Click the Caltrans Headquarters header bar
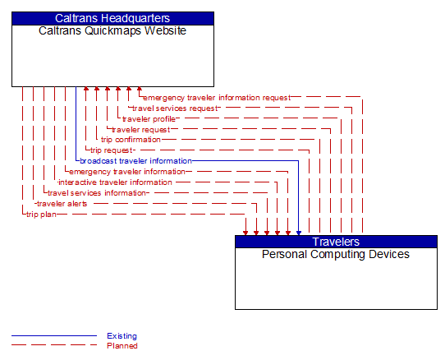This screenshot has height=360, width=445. pyautogui.click(x=112, y=18)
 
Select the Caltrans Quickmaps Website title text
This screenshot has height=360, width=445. pyautogui.click(x=112, y=31)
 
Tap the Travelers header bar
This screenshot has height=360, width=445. pyautogui.click(x=336, y=242)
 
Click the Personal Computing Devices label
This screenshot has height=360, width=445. pyautogui.click(x=336, y=255)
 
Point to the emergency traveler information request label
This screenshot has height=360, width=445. pyautogui.click(x=217, y=98)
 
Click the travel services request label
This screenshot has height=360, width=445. pyautogui.click(x=175, y=108)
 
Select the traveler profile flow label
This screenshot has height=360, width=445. pyautogui.click(x=149, y=119)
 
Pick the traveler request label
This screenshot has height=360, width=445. pyautogui.click(x=140, y=130)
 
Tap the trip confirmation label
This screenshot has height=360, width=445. pyautogui.click(x=131, y=140)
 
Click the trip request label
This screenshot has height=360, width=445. pyautogui.click(x=111, y=150)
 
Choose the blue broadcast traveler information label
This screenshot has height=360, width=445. pyautogui.click(x=135, y=161)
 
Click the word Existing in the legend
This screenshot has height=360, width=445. pyautogui.click(x=122, y=336)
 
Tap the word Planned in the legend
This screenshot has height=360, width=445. pyautogui.click(x=122, y=346)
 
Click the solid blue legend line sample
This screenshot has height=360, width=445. pyautogui.click(x=53, y=336)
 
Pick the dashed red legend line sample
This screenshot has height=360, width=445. pyautogui.click(x=53, y=346)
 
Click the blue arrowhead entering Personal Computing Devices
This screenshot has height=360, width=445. pyautogui.click(x=299, y=232)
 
